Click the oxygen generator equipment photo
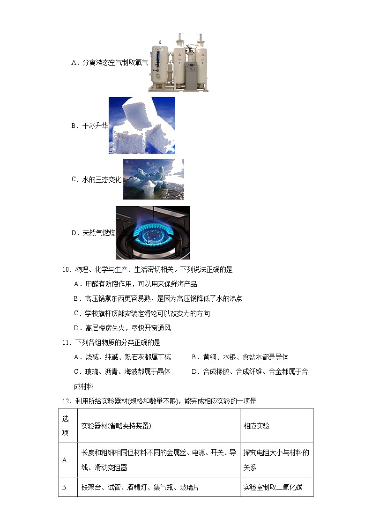pos(178,62)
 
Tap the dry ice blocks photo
pos(141,126)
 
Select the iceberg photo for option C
pos(153,179)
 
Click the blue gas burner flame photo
pos(152,232)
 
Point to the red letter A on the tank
pos(179,54)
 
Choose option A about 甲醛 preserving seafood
pos(135,284)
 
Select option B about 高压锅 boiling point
pos(158,298)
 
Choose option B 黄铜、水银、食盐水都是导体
pos(240,357)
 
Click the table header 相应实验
pos(256,426)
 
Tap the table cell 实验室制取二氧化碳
pos(273,488)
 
